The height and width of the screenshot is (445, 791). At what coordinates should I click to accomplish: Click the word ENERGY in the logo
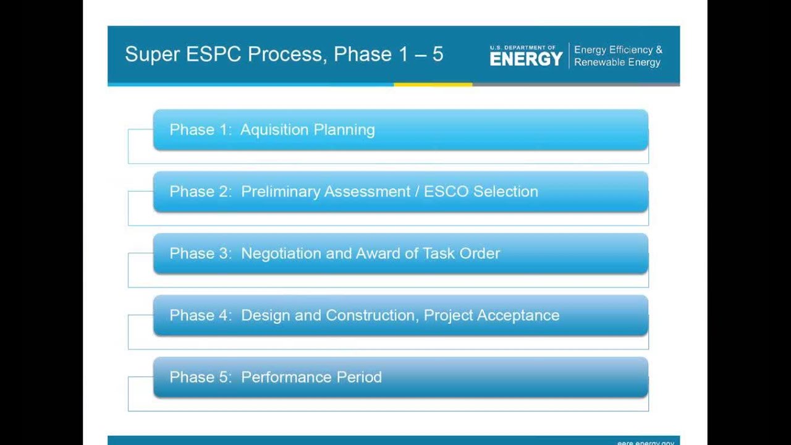point(526,59)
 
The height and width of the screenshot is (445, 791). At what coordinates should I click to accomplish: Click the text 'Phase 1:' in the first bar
point(200,130)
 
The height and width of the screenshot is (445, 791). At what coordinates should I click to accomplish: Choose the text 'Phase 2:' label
point(200,192)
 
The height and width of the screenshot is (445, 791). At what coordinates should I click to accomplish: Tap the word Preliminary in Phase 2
point(281,192)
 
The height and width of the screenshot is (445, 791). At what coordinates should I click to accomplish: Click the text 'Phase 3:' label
point(200,253)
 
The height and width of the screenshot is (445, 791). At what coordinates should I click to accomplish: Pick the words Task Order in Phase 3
point(461,253)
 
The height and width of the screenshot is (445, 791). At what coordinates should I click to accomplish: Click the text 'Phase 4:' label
point(200,315)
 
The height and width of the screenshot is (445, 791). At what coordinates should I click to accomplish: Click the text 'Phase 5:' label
point(200,377)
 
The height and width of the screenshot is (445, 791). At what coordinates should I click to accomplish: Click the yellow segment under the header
point(433,85)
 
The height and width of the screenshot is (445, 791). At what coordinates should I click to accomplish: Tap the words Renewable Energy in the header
point(617,62)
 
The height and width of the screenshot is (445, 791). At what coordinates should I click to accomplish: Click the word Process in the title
point(285,54)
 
